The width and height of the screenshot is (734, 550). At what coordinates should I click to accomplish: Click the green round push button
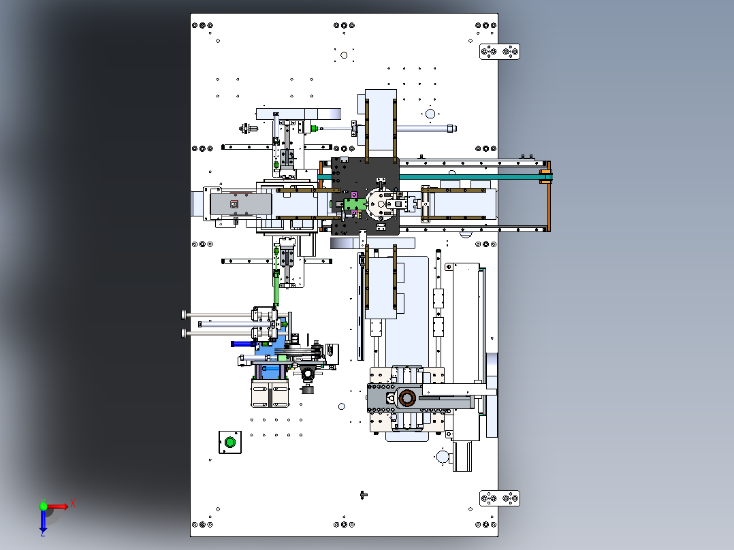coord(230,442)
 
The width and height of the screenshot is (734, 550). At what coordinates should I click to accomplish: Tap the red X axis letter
coord(73,504)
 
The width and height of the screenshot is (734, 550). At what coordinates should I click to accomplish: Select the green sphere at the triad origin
coord(43,506)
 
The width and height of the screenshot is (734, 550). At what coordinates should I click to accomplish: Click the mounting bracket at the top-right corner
coord(500,52)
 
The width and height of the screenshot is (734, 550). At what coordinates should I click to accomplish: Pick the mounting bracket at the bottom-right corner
coord(500,498)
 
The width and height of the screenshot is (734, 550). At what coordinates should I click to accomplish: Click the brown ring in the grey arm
coord(406,398)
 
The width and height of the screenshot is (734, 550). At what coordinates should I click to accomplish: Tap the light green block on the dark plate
coord(355,204)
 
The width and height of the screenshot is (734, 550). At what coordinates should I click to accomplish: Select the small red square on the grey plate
coord(234,204)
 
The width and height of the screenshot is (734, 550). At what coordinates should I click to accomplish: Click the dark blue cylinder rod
coord(242,344)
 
